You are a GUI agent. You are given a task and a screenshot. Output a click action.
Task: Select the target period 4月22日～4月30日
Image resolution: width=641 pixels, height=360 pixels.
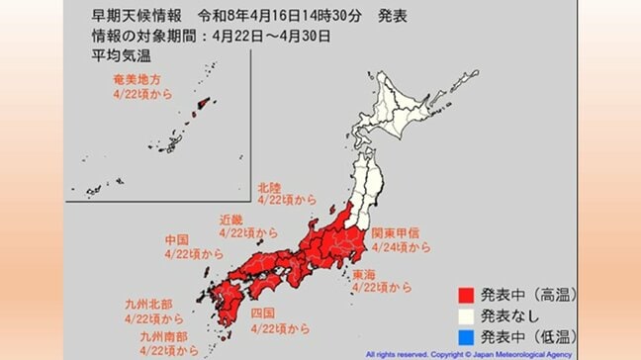269,37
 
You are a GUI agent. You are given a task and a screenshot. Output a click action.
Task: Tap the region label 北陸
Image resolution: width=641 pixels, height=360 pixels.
267,187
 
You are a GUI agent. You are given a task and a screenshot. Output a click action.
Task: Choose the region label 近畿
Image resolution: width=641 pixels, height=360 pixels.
231,220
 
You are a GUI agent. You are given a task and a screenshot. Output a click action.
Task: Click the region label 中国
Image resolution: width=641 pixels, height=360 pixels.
176,240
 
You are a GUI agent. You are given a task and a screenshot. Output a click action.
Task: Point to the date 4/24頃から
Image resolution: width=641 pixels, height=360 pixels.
401,247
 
